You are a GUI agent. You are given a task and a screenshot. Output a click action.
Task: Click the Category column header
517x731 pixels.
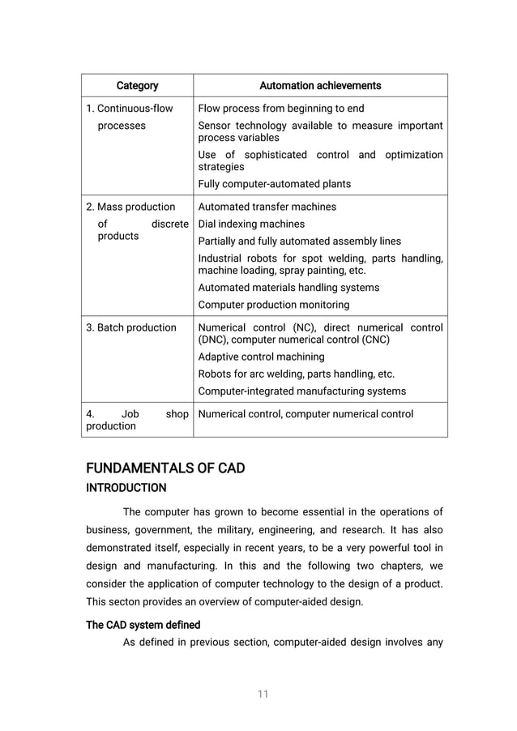(137, 85)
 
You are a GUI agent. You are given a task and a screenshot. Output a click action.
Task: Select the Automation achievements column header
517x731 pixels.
(320, 85)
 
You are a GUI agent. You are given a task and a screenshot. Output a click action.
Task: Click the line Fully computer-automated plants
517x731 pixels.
(275, 184)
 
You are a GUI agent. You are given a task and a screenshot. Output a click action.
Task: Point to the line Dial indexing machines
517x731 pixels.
(251, 224)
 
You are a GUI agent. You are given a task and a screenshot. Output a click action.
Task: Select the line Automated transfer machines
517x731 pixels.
(267, 207)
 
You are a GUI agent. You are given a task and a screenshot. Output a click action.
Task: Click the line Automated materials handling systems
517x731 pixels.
(288, 288)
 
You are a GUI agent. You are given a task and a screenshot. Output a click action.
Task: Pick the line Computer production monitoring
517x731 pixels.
(274, 305)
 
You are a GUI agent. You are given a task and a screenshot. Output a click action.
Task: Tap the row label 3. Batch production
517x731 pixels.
(131, 327)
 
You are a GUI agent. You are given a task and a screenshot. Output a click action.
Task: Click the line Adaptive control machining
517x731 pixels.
(261, 357)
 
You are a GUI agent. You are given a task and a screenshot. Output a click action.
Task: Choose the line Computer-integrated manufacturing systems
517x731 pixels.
(302, 391)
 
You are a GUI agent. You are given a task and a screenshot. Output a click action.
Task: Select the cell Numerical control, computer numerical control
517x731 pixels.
(305, 414)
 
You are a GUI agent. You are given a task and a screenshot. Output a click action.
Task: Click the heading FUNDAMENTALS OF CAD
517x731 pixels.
(165, 469)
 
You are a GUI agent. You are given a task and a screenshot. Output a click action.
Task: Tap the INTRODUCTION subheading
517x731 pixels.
(126, 488)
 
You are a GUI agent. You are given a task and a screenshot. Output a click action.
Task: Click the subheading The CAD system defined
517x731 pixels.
(143, 625)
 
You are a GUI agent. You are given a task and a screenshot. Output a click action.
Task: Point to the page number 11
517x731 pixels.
(263, 695)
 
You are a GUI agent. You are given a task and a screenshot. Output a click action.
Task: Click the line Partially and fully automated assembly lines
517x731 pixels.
(299, 241)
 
